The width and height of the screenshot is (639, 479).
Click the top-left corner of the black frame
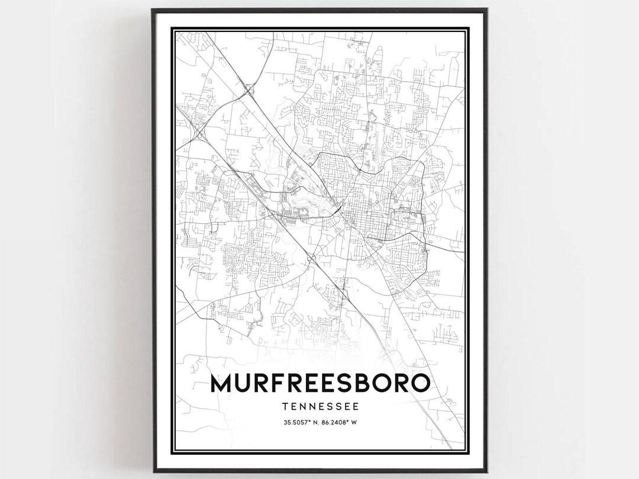pos(152,9)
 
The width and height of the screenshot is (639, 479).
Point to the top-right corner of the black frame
pos(487,9)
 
